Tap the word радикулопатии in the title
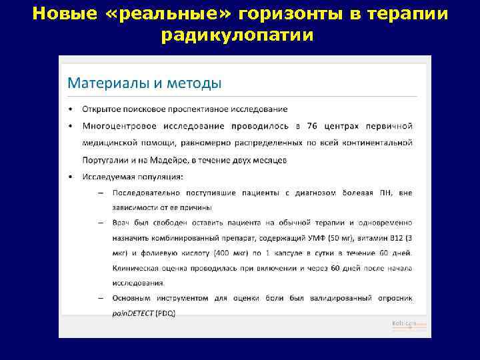point(237,35)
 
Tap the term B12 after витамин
point(398,238)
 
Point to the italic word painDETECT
point(132,313)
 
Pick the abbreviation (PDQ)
point(164,313)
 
